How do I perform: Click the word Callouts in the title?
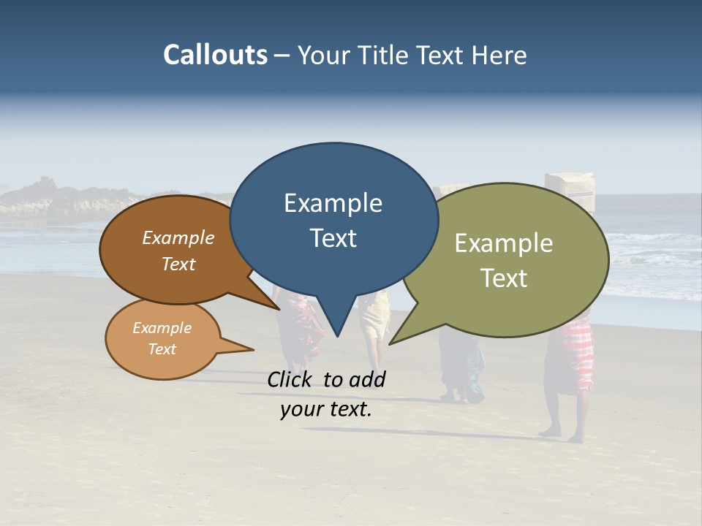pyautogui.click(x=215, y=55)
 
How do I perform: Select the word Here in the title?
pyautogui.click(x=499, y=55)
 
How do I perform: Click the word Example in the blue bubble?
pyautogui.click(x=333, y=203)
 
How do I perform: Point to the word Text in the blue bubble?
pyautogui.click(x=333, y=238)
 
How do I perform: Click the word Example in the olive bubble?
pyautogui.click(x=504, y=243)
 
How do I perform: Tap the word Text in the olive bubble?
pyautogui.click(x=504, y=278)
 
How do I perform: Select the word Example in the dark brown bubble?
pyautogui.click(x=178, y=238)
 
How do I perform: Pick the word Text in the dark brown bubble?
pyautogui.click(x=178, y=264)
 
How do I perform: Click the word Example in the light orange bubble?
pyautogui.click(x=162, y=328)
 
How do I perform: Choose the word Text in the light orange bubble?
pyautogui.click(x=162, y=349)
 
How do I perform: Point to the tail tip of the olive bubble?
pyautogui.click(x=390, y=343)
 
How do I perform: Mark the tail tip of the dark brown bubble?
pyautogui.click(x=279, y=309)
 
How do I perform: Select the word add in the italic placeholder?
pyautogui.click(x=367, y=379)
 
